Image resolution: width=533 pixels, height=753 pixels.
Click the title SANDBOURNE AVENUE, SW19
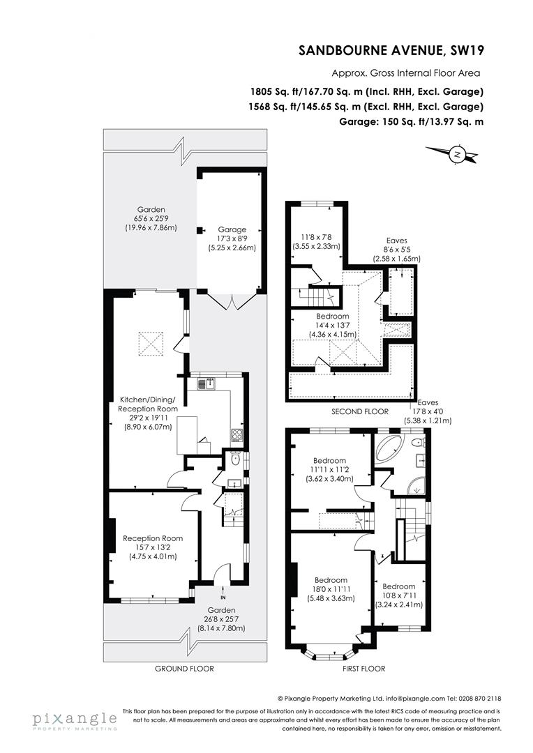[x=391, y=50]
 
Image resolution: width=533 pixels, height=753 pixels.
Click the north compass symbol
[x=457, y=154]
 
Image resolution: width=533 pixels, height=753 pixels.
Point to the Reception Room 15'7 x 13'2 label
[x=153, y=547]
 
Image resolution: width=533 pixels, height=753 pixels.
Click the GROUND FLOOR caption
[x=184, y=669]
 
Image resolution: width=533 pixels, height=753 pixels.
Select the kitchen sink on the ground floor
[x=207, y=383]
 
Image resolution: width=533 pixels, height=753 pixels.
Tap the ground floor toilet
[x=236, y=460]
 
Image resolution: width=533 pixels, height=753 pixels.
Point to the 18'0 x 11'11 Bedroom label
[x=331, y=589]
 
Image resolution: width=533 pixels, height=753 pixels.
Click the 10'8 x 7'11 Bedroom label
[x=398, y=595]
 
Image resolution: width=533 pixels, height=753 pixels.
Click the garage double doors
[x=230, y=302]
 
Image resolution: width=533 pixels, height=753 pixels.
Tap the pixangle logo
[x=74, y=719]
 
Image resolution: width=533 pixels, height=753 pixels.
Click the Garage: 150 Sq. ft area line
[x=412, y=121]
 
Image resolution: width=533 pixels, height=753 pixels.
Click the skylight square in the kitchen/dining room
[x=153, y=342]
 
